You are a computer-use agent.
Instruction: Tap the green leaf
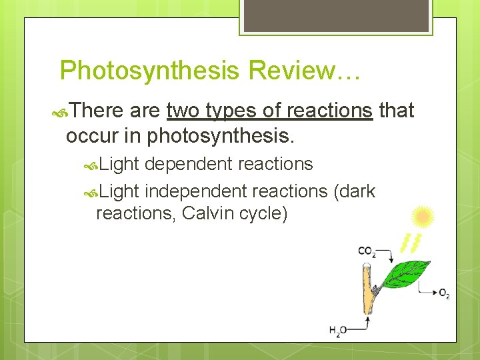click(x=408, y=272)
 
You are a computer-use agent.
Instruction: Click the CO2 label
click(x=367, y=251)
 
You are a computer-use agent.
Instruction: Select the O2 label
click(x=444, y=293)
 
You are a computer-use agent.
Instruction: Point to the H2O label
click(x=338, y=329)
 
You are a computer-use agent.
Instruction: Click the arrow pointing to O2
click(x=427, y=290)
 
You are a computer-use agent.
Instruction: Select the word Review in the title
click(x=289, y=70)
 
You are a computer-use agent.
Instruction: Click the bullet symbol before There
click(x=58, y=111)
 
